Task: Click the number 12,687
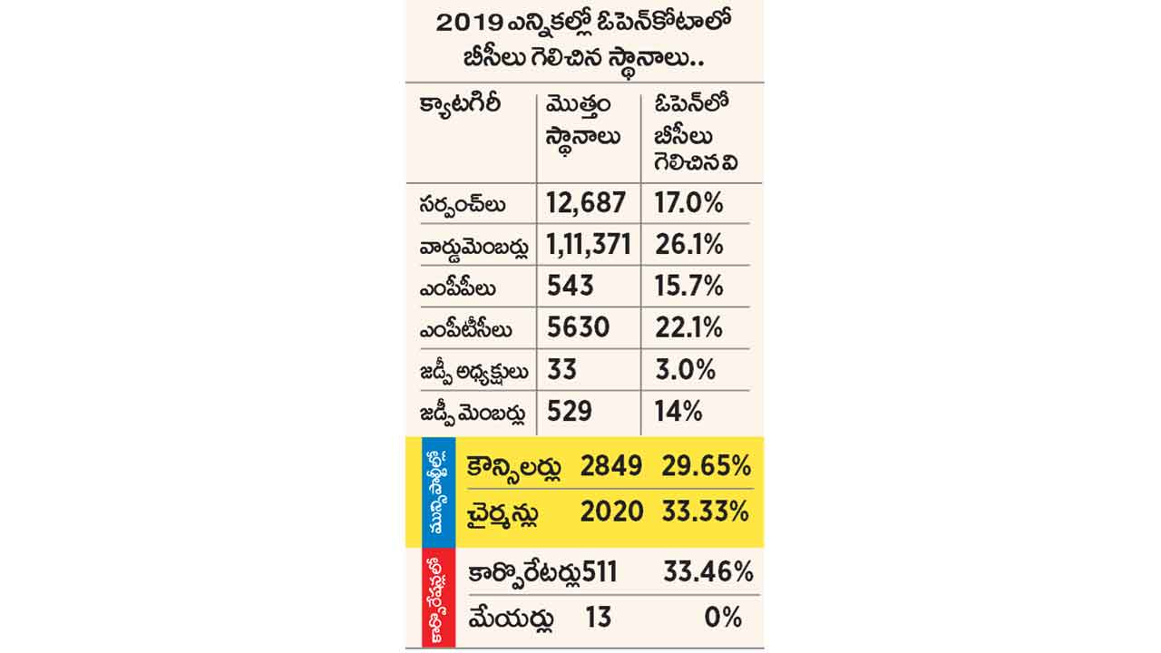(x=586, y=202)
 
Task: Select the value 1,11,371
(x=589, y=244)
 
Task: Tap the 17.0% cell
(x=688, y=202)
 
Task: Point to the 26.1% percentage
(x=688, y=244)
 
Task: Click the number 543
(x=570, y=286)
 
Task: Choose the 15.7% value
(x=688, y=286)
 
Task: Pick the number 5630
(x=578, y=327)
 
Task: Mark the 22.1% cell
(x=688, y=327)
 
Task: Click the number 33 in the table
(x=561, y=370)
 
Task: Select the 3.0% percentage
(x=685, y=370)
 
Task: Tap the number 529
(x=570, y=412)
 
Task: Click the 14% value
(x=678, y=412)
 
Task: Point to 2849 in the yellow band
(x=611, y=467)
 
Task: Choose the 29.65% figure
(x=705, y=467)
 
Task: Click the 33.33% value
(x=705, y=512)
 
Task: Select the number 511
(x=600, y=572)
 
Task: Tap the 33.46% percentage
(x=707, y=572)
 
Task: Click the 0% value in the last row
(x=723, y=618)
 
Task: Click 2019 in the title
(x=470, y=23)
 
